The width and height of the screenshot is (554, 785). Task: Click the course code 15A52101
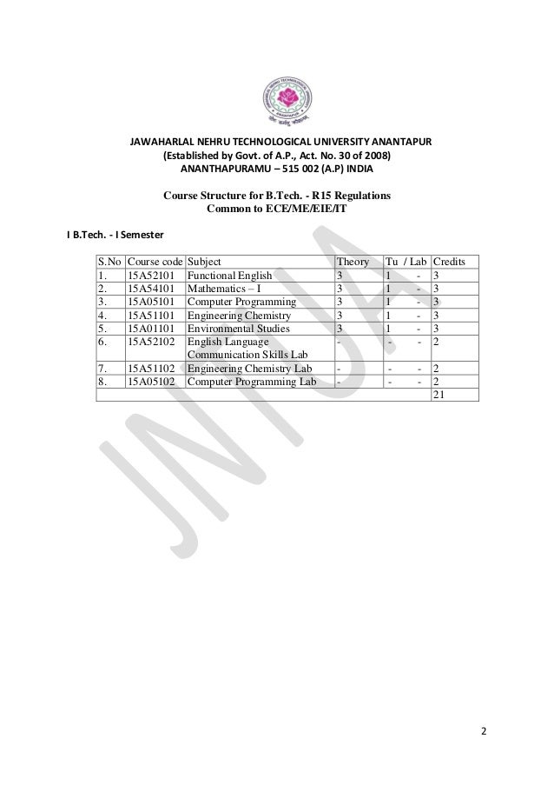point(154,275)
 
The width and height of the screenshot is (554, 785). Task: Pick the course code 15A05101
point(154,303)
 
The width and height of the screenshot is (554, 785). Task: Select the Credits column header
point(449,261)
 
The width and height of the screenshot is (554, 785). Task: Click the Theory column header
point(353,261)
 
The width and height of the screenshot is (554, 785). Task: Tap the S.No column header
point(109,261)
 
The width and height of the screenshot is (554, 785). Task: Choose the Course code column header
point(155,261)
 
